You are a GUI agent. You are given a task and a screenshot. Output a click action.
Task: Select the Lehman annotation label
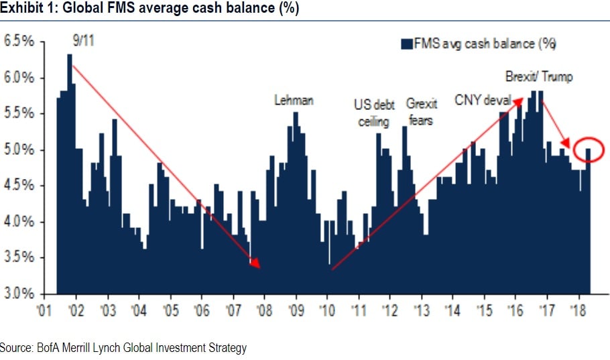[294, 101]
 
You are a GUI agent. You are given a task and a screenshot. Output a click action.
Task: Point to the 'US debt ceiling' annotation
[374, 112]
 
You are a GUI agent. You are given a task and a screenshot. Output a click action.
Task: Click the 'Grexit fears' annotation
[422, 112]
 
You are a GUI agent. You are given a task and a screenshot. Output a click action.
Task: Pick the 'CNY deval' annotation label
[483, 101]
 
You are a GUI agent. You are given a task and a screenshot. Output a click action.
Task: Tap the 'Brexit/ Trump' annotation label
[539, 77]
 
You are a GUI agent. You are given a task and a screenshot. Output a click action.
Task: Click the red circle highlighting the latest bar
[589, 149]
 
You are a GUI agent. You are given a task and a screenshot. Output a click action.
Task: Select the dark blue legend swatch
[406, 44]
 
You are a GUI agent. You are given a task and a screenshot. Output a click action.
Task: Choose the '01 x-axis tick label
[45, 310]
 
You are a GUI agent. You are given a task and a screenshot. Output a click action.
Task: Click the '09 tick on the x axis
[296, 310]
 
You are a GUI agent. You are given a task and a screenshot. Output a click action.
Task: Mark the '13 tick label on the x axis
[421, 310]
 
